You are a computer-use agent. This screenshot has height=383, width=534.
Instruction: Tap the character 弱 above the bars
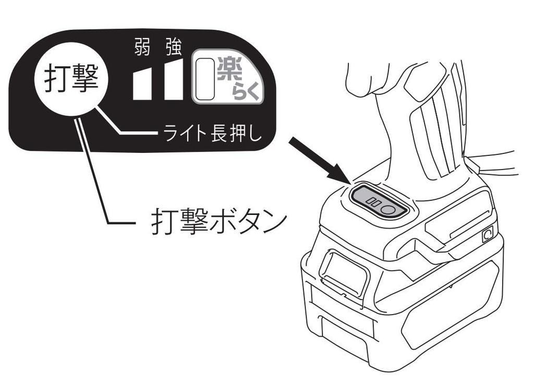coord(142,50)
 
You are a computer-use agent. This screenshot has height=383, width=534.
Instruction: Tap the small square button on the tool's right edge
coord(488,235)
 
